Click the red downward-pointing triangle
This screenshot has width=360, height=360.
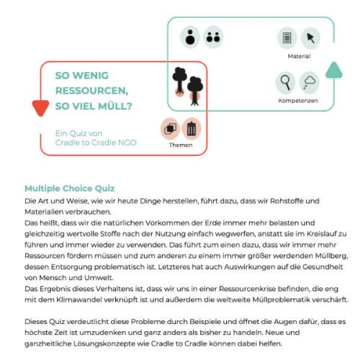(40, 107)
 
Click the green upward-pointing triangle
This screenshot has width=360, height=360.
(334, 70)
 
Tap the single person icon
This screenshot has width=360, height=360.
(190, 37)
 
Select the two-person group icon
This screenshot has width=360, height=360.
(213, 37)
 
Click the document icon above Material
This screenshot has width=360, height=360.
(287, 38)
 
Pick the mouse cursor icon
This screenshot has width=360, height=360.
(310, 38)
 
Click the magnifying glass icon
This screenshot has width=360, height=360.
(285, 83)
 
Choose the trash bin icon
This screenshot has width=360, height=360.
(192, 129)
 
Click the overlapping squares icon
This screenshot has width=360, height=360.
(170, 129)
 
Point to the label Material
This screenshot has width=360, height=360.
(299, 56)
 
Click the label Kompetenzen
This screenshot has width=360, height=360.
(298, 101)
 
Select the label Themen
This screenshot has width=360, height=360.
(181, 145)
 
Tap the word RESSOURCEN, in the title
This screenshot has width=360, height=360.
(92, 91)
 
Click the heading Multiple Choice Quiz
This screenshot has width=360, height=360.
(70, 189)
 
